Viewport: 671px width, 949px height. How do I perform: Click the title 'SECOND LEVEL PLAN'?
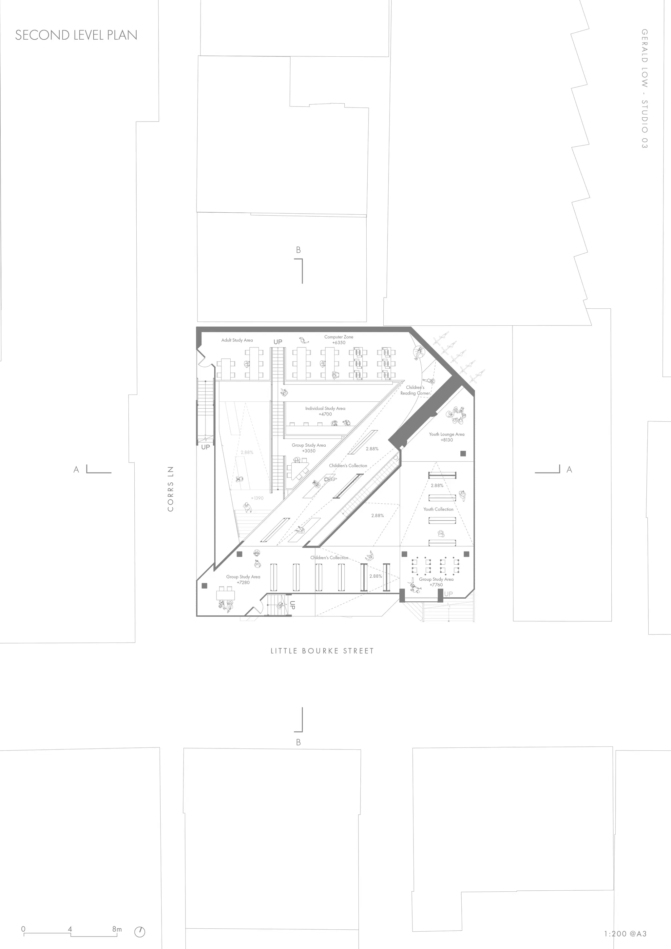[x=76, y=35]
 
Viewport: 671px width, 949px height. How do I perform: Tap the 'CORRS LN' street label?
[x=171, y=489]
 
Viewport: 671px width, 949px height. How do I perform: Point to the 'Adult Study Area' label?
[x=237, y=340]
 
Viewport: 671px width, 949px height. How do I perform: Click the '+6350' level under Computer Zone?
[x=339, y=343]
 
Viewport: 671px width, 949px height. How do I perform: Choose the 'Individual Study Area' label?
[x=325, y=408]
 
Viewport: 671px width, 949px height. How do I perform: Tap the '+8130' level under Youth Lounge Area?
[x=447, y=440]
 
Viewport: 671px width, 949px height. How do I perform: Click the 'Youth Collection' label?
[x=438, y=509]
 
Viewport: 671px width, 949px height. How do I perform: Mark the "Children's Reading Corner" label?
[x=415, y=390]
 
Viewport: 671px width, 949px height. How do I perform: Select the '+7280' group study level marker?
[x=243, y=582]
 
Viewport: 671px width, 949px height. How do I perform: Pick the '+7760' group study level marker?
[x=436, y=585]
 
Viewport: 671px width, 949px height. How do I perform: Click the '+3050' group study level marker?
[x=309, y=451]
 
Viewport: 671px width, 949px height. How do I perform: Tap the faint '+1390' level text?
[x=258, y=498]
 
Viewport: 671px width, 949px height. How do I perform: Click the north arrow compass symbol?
[x=140, y=932]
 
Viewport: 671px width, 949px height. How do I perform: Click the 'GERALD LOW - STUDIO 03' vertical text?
[x=644, y=88]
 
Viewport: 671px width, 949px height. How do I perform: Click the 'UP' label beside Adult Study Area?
[x=278, y=342]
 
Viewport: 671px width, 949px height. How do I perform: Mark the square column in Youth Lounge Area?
[x=463, y=454]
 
